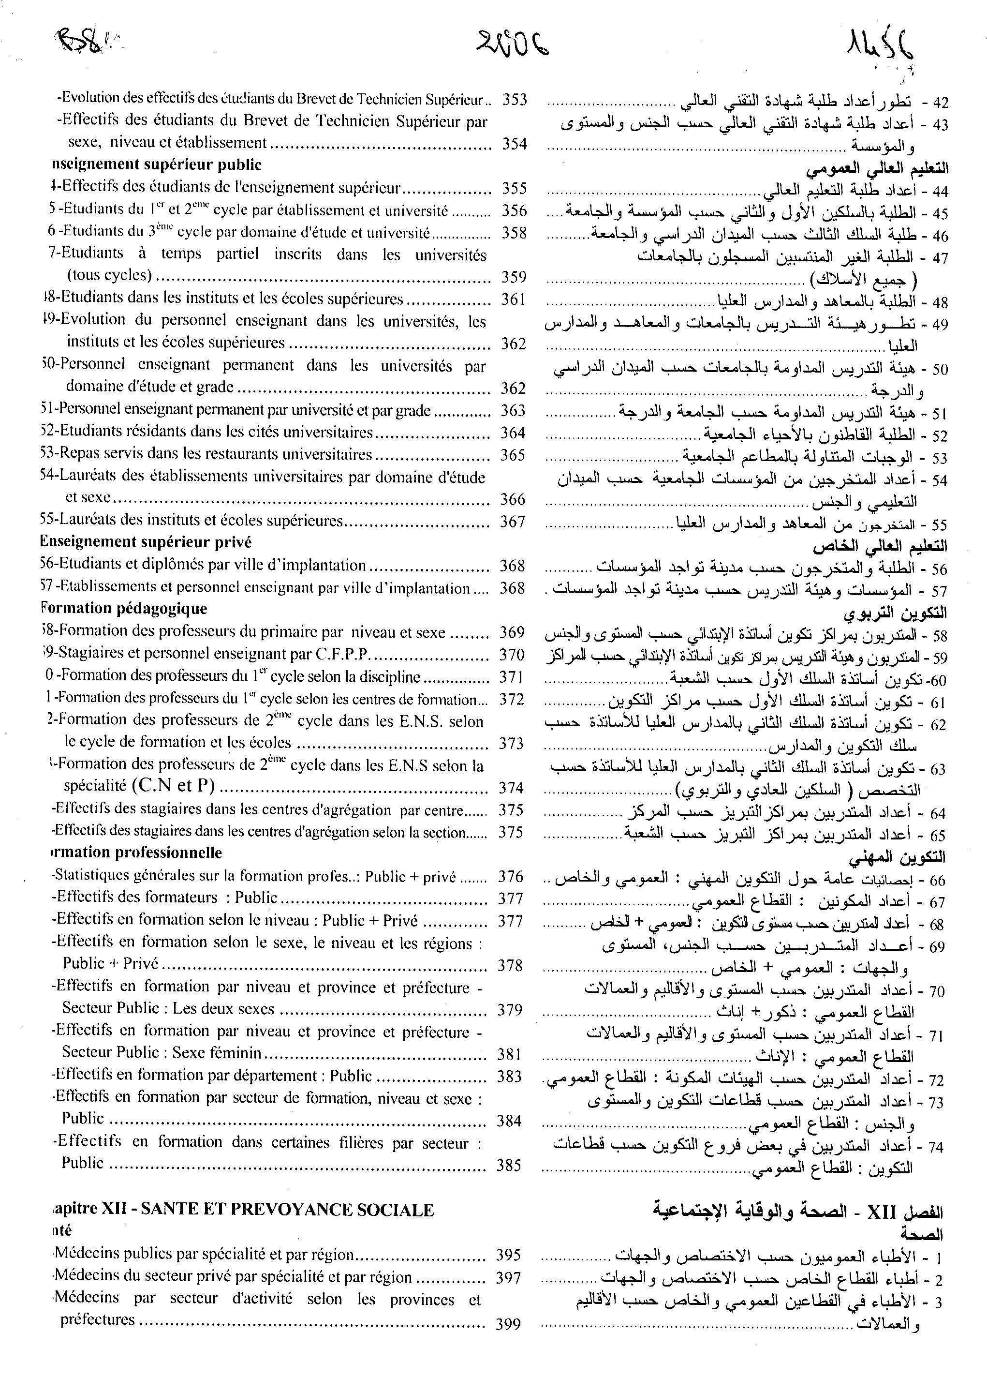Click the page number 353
(x=514, y=100)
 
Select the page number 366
(x=512, y=499)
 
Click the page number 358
(x=514, y=233)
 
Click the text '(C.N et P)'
(x=173, y=786)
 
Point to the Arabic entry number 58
(x=940, y=637)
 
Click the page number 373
(x=511, y=743)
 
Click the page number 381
(x=509, y=1054)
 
